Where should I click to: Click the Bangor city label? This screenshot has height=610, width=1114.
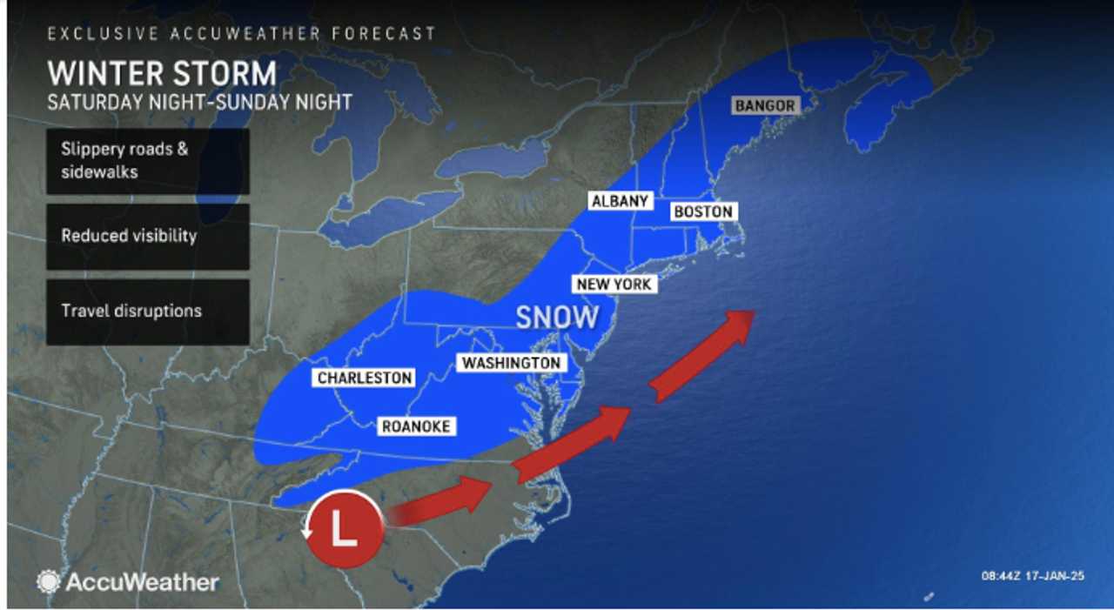(x=765, y=105)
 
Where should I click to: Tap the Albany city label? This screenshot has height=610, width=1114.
(x=620, y=201)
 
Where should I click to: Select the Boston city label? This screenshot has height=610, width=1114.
(x=702, y=211)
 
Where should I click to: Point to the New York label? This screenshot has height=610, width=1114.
(x=614, y=285)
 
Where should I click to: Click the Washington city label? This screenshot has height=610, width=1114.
(x=511, y=363)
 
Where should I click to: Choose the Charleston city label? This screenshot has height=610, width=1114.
(x=365, y=378)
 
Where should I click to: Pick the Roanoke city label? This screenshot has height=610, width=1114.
(x=416, y=426)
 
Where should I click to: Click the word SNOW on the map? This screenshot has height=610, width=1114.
(x=557, y=318)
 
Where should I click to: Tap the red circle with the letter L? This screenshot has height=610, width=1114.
(x=346, y=529)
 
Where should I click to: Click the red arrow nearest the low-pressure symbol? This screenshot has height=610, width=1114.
(x=440, y=503)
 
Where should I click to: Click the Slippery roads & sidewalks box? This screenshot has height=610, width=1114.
(x=148, y=161)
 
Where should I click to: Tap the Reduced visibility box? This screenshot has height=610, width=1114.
(x=148, y=236)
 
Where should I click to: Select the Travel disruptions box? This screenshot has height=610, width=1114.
(x=148, y=311)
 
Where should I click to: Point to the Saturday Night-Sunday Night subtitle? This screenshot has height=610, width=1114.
(x=199, y=102)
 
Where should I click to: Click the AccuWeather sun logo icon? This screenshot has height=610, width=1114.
(x=49, y=581)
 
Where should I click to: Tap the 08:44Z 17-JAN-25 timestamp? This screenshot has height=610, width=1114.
(x=1032, y=575)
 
